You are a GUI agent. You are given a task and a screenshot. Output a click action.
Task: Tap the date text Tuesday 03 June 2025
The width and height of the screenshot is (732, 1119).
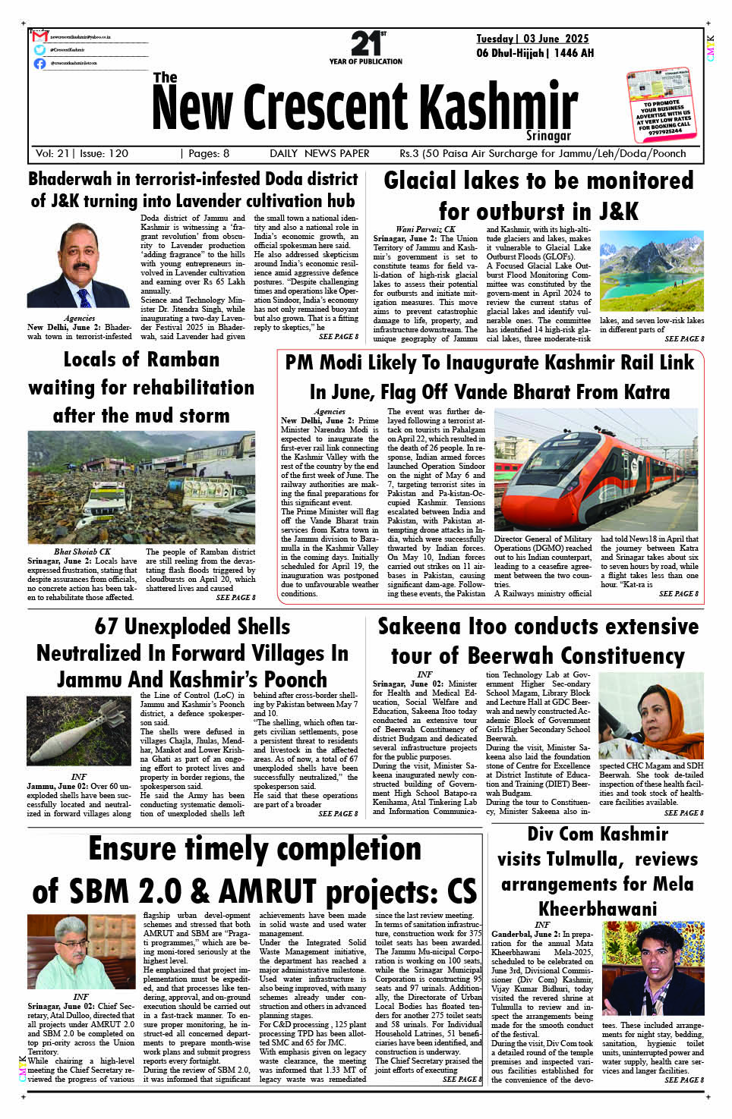tap(532, 39)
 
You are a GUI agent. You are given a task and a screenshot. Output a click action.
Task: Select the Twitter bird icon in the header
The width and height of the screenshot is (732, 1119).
tap(39, 50)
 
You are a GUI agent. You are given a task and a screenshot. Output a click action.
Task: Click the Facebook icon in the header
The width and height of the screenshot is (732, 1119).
tap(39, 64)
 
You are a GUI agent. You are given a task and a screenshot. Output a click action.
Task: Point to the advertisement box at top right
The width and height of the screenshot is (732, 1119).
tap(659, 104)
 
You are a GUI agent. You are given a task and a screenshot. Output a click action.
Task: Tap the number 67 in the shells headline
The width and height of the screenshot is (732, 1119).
tap(106, 627)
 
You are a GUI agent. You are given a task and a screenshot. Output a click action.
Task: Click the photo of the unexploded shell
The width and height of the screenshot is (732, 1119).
tap(78, 731)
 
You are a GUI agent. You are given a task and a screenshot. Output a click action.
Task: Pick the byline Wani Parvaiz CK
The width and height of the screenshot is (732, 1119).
tap(425, 228)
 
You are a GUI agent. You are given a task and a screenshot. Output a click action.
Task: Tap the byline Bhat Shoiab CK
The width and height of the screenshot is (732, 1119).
tap(82, 552)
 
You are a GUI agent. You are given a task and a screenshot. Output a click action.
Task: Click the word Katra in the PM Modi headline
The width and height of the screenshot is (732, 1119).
tap(642, 392)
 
